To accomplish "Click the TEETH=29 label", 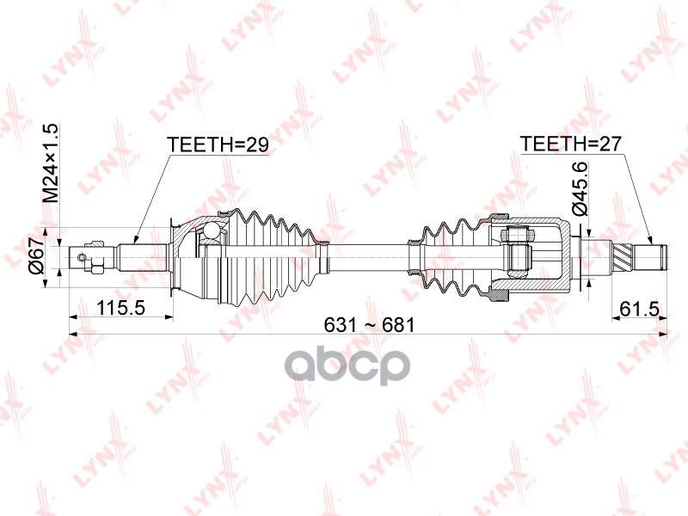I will coord(218,145).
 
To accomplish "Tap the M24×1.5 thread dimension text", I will coord(52,163).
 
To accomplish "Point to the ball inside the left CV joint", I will coord(210,230).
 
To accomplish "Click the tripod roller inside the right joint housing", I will coord(517,255).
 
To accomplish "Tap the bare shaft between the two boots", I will coord(370,255).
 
